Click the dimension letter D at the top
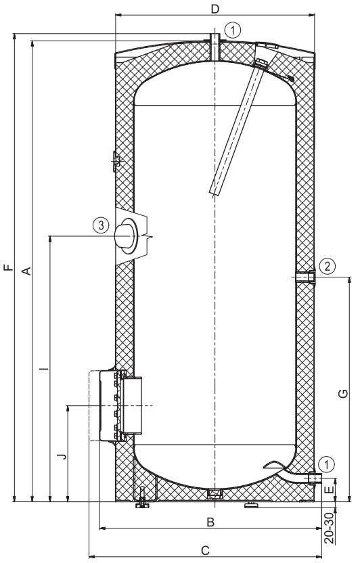[x=215, y=9]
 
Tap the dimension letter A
[x=26, y=271]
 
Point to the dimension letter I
[x=44, y=368]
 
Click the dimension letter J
[x=62, y=456]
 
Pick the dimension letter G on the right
[x=343, y=394]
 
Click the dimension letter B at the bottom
[x=210, y=522]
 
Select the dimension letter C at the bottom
[x=205, y=550]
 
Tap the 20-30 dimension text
[x=329, y=528]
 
